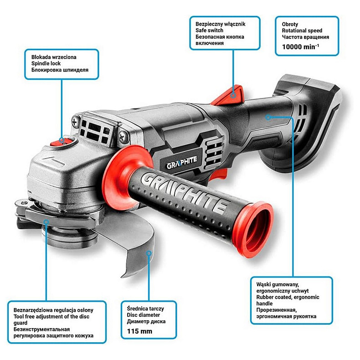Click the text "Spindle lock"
46,63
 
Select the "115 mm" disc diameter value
139,331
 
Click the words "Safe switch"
209,31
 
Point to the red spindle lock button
61,141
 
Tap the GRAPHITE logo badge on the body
182,162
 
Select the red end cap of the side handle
255,230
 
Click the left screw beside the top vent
75,122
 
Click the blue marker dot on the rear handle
268,117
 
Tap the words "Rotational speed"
302,31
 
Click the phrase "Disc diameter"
143,315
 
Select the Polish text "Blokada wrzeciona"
54,57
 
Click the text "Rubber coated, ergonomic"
288,297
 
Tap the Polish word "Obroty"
290,24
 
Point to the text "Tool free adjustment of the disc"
51,316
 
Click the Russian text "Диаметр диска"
146,321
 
